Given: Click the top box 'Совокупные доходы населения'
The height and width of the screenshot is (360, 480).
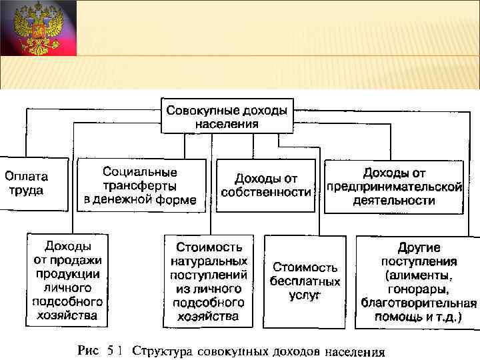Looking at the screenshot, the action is pos(227,115).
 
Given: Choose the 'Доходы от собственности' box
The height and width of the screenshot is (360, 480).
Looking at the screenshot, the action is pos(267,185).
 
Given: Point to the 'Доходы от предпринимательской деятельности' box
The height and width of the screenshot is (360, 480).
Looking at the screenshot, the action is pos(393,186).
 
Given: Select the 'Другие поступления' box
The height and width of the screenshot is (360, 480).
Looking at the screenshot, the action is pos(418,281).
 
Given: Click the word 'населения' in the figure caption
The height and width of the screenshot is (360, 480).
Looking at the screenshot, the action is pos(355,351).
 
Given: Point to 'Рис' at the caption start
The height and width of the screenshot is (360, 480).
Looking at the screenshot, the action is pos(87,351).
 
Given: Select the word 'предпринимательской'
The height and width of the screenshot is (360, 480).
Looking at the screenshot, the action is pos(394,186).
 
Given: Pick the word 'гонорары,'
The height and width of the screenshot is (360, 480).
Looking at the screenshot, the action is pos(418,290).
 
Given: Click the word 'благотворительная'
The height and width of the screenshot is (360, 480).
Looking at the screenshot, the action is pos(419,304).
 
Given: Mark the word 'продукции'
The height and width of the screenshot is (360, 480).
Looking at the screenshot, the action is pos(68,274).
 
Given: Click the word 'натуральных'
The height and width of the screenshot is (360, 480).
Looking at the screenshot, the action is pos(209,261).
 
